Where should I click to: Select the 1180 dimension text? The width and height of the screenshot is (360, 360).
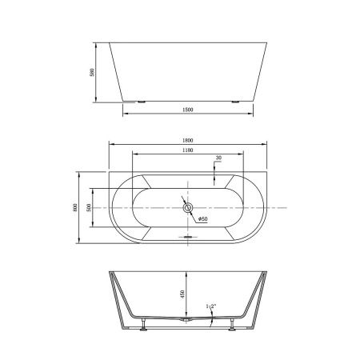coord(188,150)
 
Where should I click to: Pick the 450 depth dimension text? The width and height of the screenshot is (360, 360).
coord(183,294)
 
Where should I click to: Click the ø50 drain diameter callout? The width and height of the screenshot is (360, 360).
coord(202,218)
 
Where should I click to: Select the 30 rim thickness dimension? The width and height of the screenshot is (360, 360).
coord(218,158)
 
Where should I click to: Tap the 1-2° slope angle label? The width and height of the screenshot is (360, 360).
coord(210,306)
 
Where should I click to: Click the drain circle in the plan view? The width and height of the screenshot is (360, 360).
coord(188,207)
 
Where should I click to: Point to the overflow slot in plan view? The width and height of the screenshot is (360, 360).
coord(188,237)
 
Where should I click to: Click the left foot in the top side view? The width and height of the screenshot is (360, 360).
coord(142,102)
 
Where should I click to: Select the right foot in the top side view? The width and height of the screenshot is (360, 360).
coord(236,102)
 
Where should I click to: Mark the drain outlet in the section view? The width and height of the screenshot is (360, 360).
coord(186,320)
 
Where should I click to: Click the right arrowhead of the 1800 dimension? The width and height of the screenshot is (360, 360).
coord(266,145)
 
